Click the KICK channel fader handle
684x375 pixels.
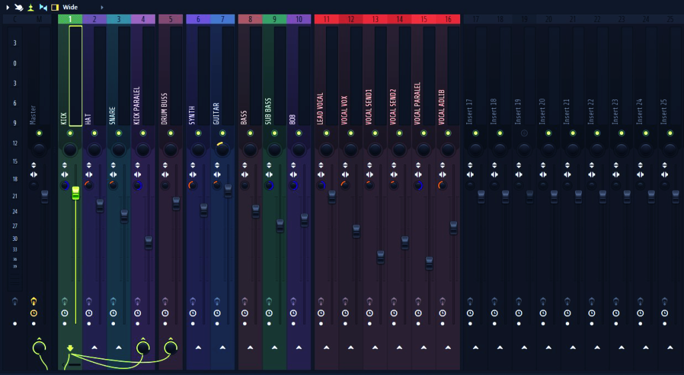[x=75, y=194]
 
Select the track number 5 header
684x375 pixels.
[x=171, y=19]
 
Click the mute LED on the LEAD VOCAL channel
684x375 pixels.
[x=326, y=133]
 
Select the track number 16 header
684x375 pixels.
[x=448, y=19]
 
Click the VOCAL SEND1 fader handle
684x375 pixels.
[x=381, y=257]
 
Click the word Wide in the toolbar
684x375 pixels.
[x=70, y=7]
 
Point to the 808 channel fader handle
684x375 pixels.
[x=305, y=220]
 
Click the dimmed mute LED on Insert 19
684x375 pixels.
[x=524, y=133]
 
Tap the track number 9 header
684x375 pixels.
[x=275, y=19]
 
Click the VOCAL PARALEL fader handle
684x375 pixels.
[x=430, y=263]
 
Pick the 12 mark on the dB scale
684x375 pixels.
[x=15, y=143]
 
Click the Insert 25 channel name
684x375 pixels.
[x=664, y=111]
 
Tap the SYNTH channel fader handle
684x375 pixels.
[x=204, y=210]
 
